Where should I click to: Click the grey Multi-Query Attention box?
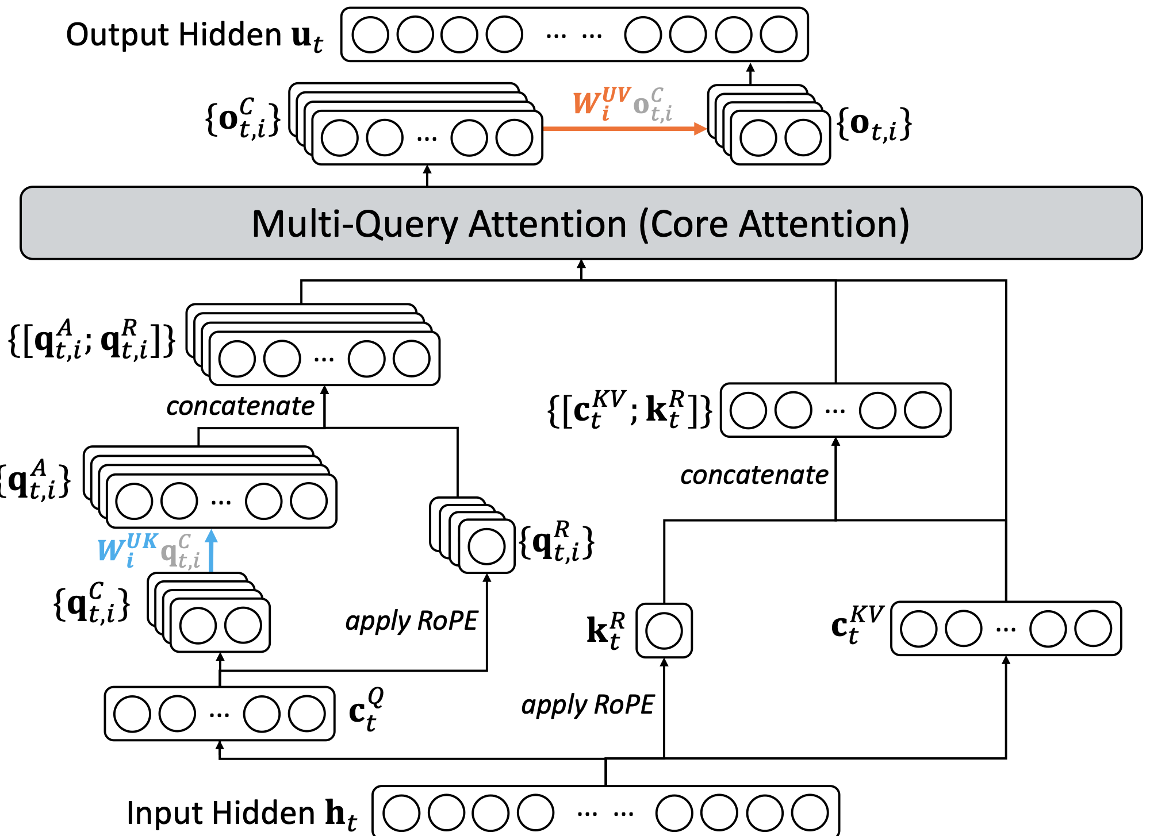point(581,223)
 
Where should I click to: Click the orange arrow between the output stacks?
point(624,129)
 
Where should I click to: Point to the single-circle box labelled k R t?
point(664,630)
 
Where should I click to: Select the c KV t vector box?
point(1006,629)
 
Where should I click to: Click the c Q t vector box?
point(220,714)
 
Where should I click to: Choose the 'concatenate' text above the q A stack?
point(240,406)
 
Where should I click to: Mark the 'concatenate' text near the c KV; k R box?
point(754,475)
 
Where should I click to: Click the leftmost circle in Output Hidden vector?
point(370,34)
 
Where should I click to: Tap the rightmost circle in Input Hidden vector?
point(810,812)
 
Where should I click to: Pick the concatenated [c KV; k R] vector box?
point(835,410)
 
